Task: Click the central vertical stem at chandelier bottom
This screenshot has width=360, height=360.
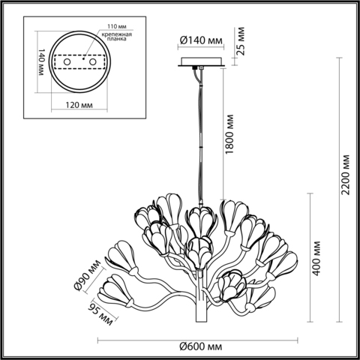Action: [201, 307]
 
